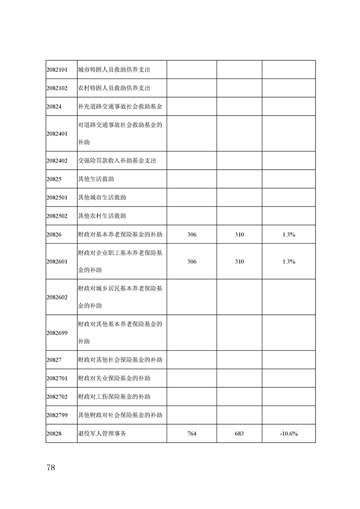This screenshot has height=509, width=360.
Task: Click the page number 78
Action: pos(50,468)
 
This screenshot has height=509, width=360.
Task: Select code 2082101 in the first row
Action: pos(57,70)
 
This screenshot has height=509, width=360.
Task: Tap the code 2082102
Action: pos(57,88)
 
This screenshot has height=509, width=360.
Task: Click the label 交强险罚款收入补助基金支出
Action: pos(117,161)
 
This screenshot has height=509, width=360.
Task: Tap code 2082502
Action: pos(57,216)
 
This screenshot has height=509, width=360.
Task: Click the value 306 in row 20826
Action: pos(192,235)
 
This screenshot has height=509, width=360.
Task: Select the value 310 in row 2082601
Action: pos(239,262)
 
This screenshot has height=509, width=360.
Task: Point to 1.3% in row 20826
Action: pos(289,235)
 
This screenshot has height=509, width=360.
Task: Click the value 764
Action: pos(192,434)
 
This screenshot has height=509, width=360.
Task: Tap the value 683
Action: pos(239,434)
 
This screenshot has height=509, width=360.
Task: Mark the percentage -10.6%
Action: pos(289,434)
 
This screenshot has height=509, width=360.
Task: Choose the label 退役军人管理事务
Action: pos(102,434)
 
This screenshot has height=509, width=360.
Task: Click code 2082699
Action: pos(57,333)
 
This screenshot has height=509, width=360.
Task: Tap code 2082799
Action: pos(57,415)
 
